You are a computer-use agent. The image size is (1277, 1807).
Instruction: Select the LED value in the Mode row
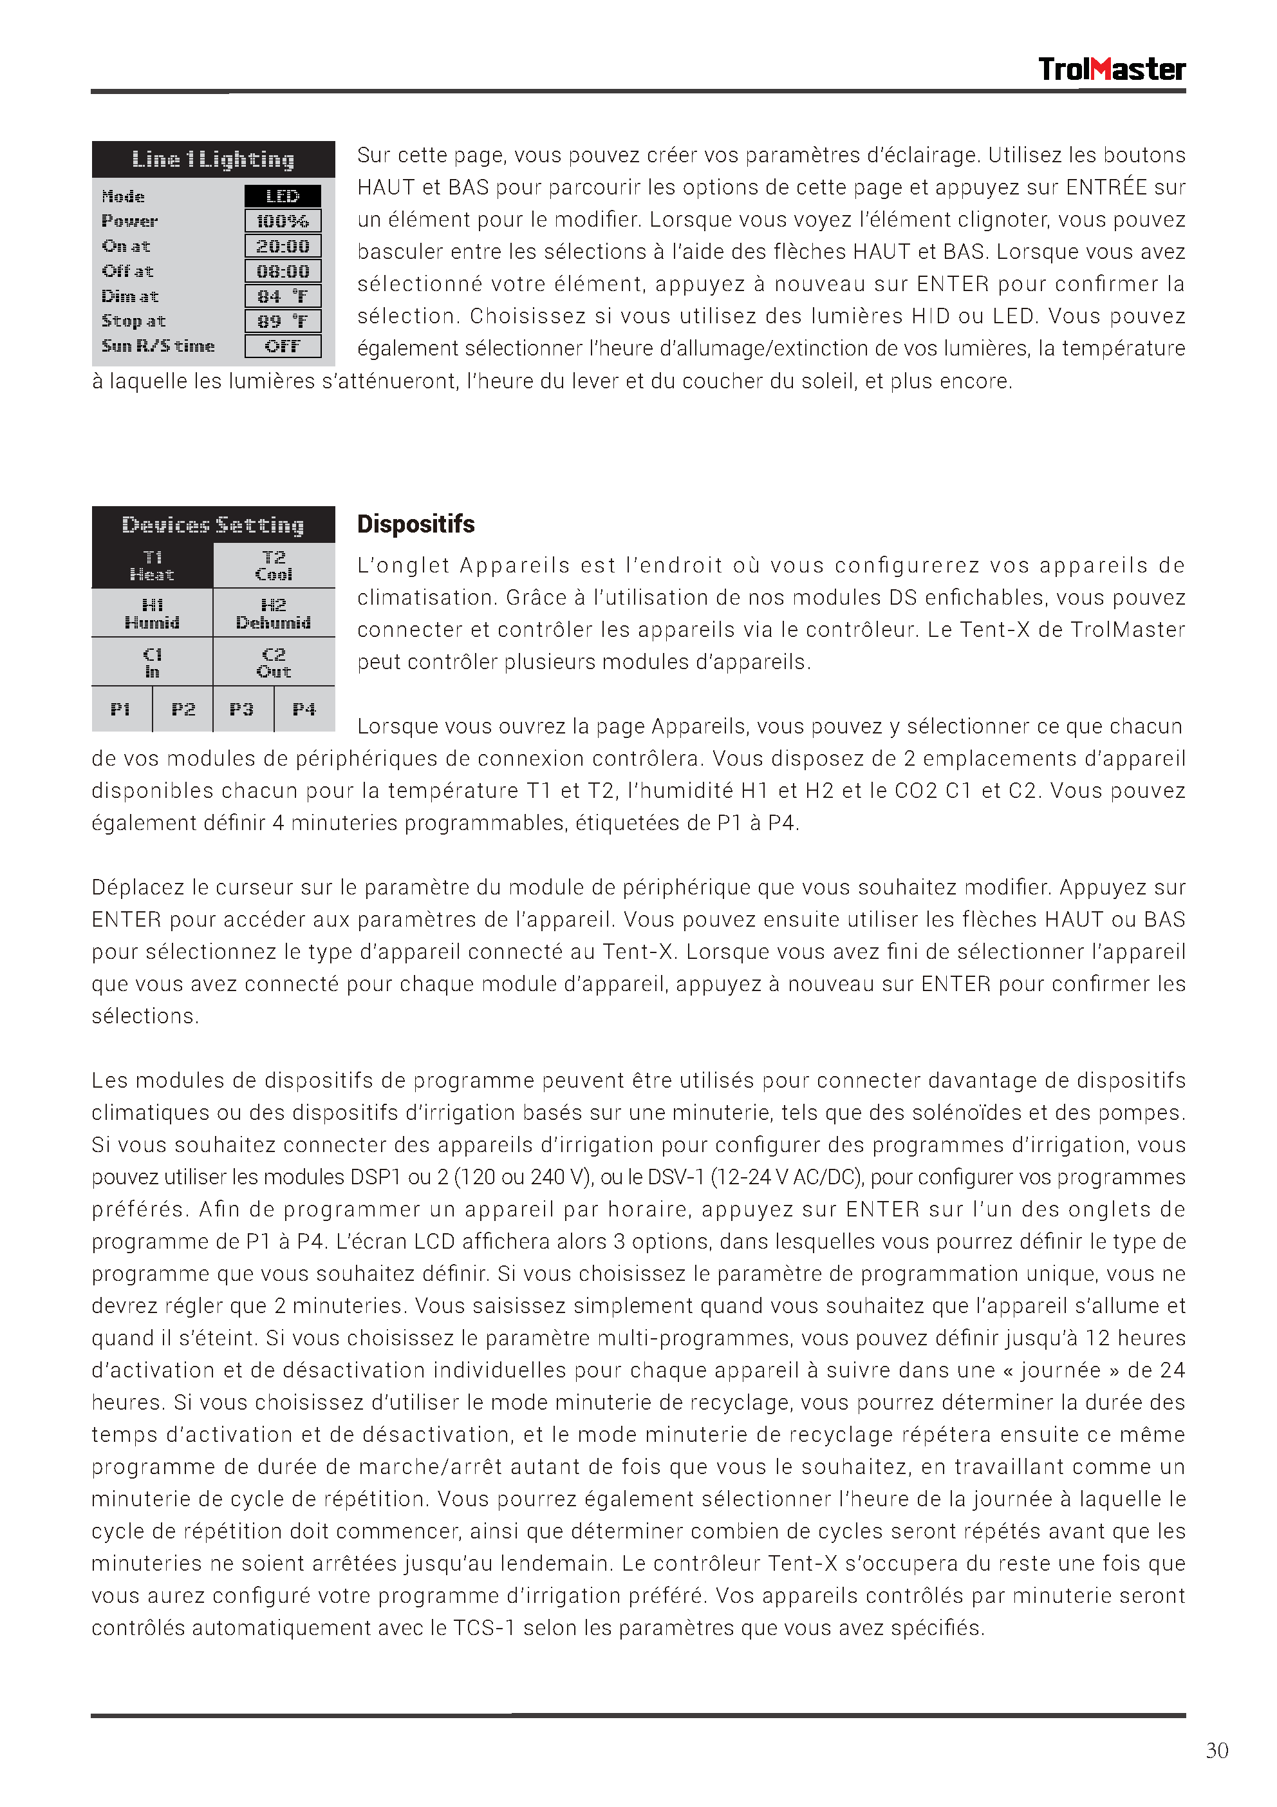click(x=283, y=196)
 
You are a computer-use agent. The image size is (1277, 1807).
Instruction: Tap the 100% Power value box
click(x=283, y=221)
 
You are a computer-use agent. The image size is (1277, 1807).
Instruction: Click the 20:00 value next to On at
click(x=283, y=247)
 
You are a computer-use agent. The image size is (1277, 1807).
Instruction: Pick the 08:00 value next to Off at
click(x=283, y=272)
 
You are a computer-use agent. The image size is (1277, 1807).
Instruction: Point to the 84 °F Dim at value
click(x=283, y=297)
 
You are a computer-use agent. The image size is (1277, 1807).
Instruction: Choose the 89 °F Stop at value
click(x=283, y=321)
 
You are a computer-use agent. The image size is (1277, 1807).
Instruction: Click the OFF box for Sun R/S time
click(x=283, y=346)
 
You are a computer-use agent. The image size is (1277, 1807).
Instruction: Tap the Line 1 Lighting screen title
click(x=213, y=159)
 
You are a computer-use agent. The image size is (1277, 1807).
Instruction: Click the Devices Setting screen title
click(x=213, y=525)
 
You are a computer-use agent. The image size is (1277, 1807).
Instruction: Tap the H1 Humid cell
click(x=152, y=614)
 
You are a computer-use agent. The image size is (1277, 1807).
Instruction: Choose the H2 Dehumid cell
click(x=274, y=614)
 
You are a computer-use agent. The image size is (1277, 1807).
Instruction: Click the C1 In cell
click(x=152, y=663)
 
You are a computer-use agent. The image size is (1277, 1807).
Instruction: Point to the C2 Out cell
click(x=274, y=663)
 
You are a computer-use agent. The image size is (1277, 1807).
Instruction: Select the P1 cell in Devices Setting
click(x=121, y=710)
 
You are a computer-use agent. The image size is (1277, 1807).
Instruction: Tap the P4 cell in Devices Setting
click(x=304, y=710)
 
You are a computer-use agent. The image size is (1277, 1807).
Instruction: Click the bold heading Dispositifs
click(x=415, y=524)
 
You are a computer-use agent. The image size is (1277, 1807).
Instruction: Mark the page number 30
click(x=1216, y=1750)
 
